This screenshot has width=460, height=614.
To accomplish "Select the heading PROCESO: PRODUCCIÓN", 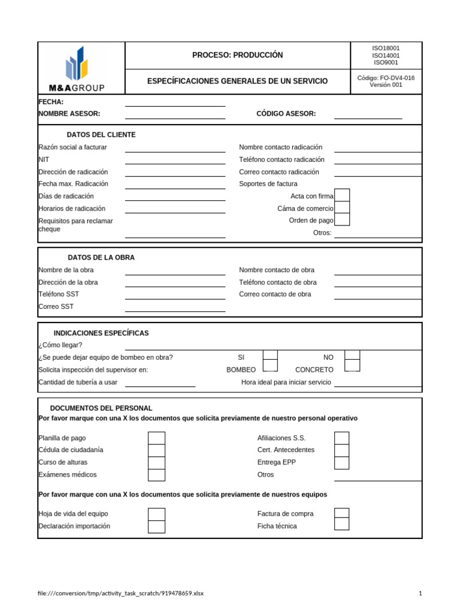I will (237, 55).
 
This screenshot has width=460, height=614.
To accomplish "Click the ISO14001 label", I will (386, 55).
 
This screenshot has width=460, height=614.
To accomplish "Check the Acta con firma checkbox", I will (342, 195).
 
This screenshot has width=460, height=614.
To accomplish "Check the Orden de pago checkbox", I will (342, 220).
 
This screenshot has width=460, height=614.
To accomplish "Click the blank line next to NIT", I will (175, 160).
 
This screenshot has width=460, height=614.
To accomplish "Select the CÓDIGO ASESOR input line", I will (368, 115).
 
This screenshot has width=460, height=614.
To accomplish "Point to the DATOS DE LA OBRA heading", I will (101, 257).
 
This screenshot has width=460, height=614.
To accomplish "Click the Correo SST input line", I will (175, 307).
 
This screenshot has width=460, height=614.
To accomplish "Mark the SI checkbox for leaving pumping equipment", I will (270, 356).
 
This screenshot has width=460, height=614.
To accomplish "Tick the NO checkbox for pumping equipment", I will (352, 356).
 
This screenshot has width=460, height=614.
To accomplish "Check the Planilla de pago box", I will (156, 438).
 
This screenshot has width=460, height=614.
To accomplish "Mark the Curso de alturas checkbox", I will (156, 462).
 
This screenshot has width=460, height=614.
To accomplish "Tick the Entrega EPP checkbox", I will (341, 462).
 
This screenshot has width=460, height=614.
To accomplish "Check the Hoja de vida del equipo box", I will (156, 514).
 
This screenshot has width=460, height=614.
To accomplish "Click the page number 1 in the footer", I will (420, 594).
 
